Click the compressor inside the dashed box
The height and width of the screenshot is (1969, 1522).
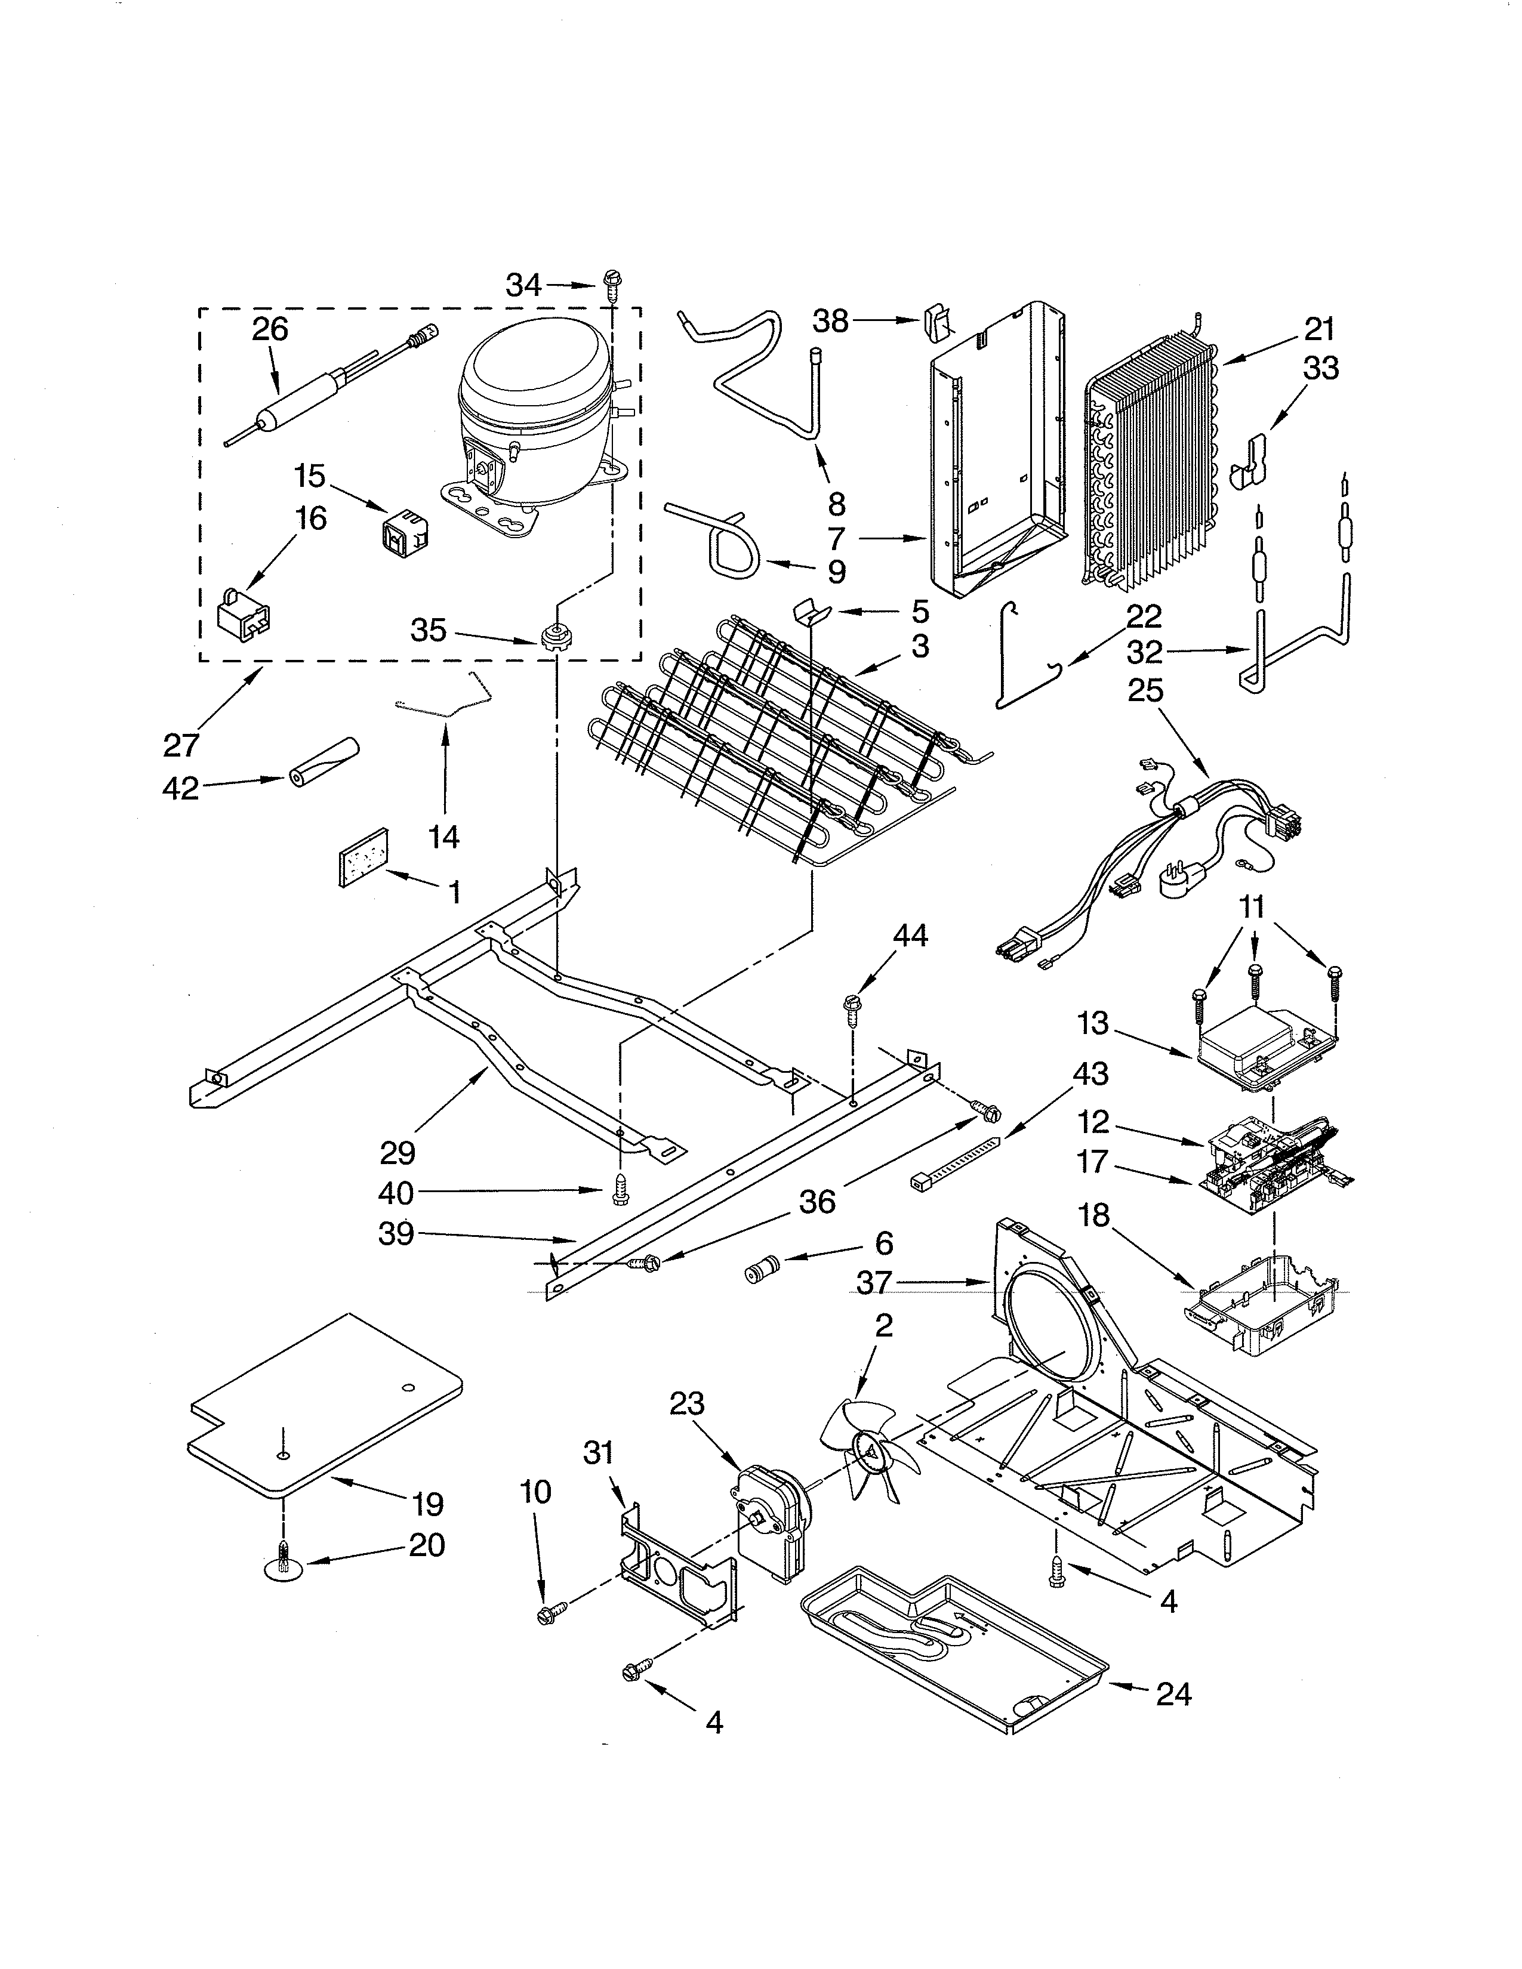coord(532,415)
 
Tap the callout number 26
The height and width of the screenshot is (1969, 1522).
coord(270,329)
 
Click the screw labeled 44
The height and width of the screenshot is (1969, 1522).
coord(851,1007)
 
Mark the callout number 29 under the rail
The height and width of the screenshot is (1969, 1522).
coord(398,1152)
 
